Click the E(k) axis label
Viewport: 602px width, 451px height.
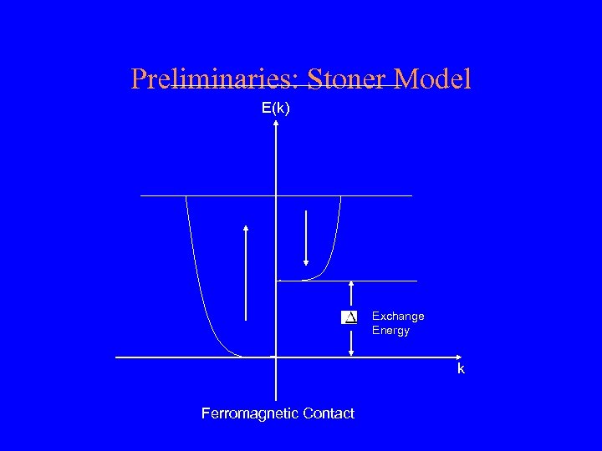276,108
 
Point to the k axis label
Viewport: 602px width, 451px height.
461,369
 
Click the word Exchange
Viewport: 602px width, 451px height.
398,317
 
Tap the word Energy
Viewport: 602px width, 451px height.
391,331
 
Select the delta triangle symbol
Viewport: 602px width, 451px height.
349,317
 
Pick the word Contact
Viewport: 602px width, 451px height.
329,413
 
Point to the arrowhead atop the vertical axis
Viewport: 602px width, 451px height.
276,124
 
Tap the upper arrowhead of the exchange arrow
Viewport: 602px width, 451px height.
351,284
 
